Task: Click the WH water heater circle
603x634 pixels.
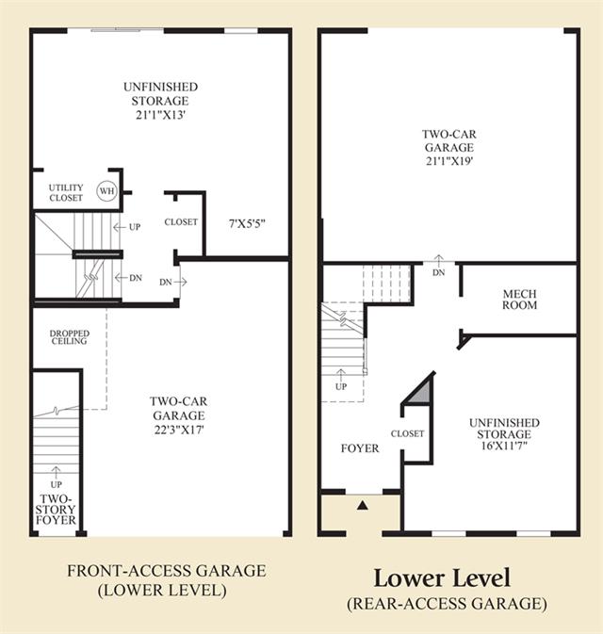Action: coord(106,190)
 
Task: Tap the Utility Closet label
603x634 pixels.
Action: coord(66,192)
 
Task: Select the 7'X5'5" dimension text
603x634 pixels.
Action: coord(247,223)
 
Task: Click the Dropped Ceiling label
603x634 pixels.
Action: coord(70,337)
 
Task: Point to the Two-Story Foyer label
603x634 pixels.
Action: coord(56,510)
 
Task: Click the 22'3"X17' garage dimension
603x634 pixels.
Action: coord(179,430)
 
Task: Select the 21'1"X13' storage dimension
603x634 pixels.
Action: coord(160,115)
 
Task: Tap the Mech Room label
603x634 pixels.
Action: coord(520,300)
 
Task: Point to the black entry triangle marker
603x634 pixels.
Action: coord(363,505)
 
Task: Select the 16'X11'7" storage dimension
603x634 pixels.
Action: coord(504,446)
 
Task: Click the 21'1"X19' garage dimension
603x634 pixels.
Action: coord(449,161)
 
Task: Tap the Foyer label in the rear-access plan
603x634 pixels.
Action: coord(360,448)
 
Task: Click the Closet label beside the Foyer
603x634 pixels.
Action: coord(407,433)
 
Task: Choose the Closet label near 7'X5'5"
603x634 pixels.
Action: coord(181,222)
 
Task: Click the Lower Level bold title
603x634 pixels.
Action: coord(442,577)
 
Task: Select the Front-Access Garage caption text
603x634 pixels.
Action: coord(166,571)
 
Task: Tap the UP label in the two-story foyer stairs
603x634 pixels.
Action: coord(57,484)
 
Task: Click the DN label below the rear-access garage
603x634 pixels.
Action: coord(439,272)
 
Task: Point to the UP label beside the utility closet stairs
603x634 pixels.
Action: coord(135,227)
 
